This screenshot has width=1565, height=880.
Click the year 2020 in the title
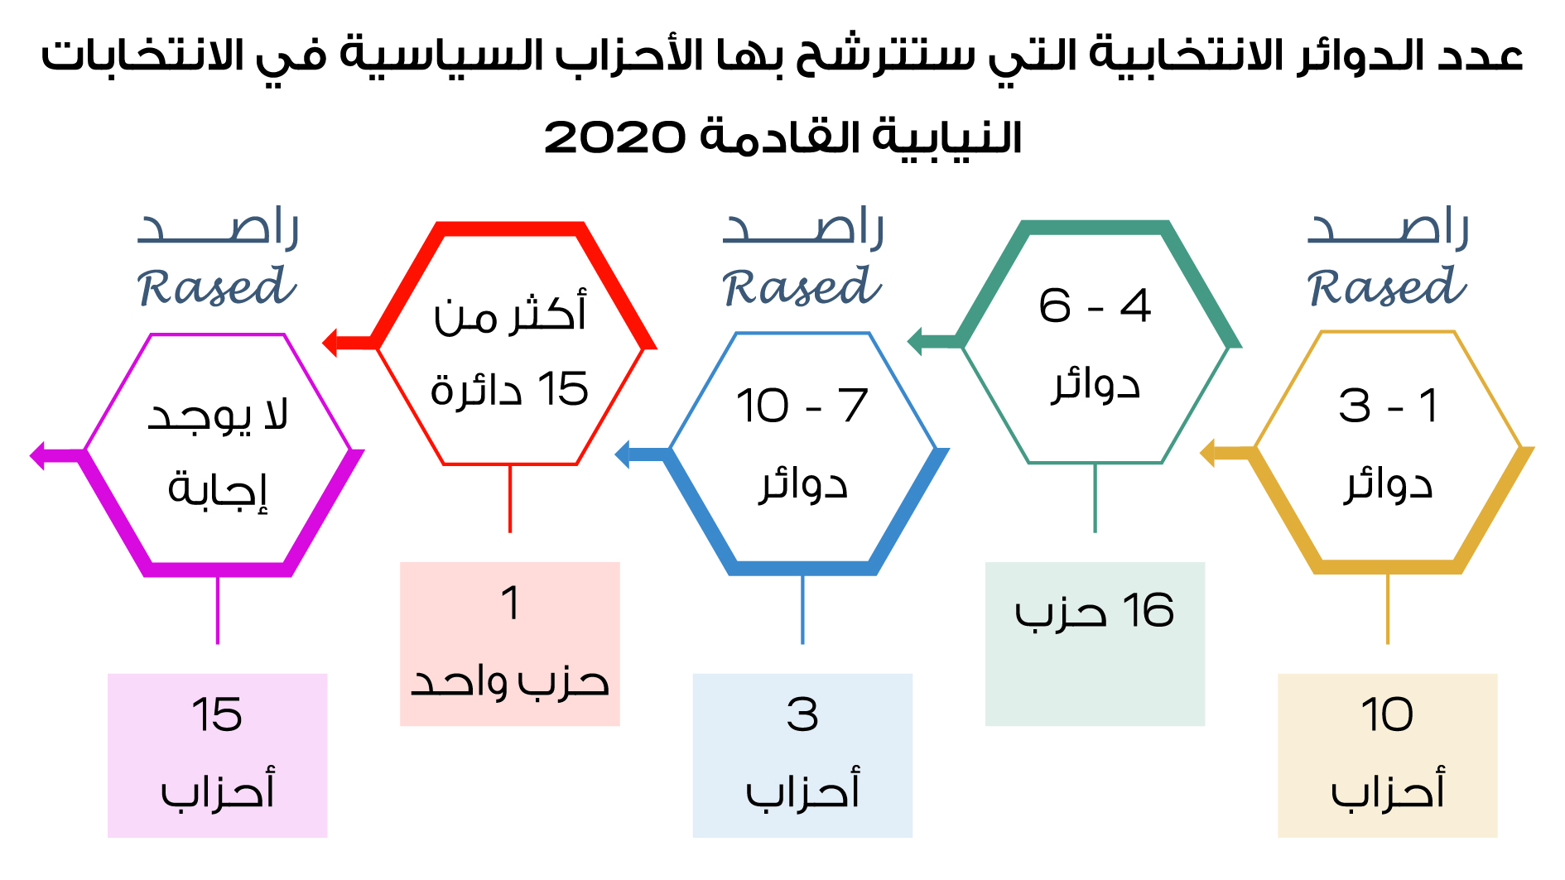pos(614,137)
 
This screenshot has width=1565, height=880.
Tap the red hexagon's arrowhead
pos(330,342)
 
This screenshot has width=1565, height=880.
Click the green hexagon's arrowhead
pos(915,340)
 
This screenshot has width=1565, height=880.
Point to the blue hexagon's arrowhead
pos(622,454)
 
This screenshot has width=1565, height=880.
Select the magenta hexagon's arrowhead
pos(37,454)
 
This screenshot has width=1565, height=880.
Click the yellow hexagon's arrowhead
pos(1207,453)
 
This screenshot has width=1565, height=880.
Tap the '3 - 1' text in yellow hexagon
pos(1388,406)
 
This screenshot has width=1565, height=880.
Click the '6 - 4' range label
pos(1095,305)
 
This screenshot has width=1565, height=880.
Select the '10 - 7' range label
pos(802,406)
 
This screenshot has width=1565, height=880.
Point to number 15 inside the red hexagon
pos(563,388)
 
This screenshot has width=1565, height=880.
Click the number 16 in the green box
pos(1148,611)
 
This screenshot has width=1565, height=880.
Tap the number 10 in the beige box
pos(1387,714)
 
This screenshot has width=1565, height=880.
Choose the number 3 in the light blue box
pos(802,714)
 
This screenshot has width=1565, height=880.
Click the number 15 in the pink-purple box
pos(217,714)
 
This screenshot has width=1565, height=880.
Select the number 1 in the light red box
pos(510,602)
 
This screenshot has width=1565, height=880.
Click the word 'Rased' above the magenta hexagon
pos(217,286)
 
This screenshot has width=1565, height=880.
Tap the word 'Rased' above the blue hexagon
pos(802,286)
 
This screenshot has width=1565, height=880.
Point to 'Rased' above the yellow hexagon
pos(1387,286)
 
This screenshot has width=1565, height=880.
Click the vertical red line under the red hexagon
pos(510,498)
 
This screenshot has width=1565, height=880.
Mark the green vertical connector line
pos(1095,498)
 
